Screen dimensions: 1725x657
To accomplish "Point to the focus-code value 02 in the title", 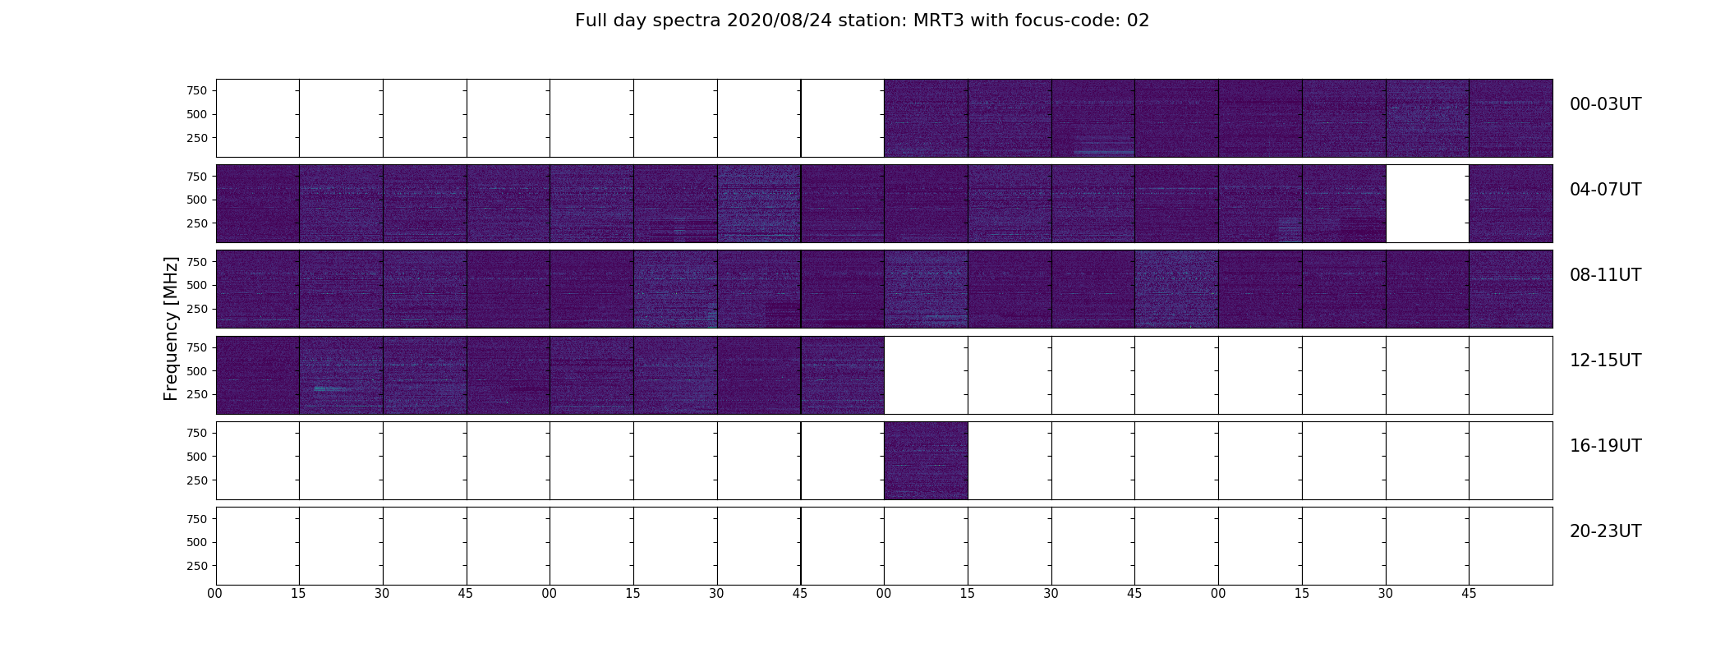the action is pos(1138,21).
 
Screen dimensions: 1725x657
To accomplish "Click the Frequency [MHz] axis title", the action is pos(171,328).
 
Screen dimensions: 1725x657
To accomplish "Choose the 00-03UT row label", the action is pos(1605,104).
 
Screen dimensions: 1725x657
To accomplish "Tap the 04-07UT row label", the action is pos(1605,190).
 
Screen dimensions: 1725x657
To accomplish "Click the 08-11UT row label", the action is pos(1605,275).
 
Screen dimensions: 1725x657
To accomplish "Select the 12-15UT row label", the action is pos(1605,361).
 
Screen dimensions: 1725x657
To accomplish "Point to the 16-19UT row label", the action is pos(1605,446).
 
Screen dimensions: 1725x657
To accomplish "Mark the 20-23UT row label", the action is pos(1605,531).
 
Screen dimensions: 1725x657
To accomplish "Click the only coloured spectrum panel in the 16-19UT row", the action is pos(926,461).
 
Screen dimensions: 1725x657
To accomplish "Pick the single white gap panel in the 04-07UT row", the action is pos(1428,204).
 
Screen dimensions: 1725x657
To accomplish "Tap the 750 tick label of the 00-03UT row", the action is pos(197,90).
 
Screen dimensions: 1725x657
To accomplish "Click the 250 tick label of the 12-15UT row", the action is pos(197,395).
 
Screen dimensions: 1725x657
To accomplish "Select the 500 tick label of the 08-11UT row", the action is pos(197,286).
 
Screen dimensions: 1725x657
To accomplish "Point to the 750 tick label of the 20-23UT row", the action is pos(197,519).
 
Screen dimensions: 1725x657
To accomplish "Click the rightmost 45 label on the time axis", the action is pos(1469,594).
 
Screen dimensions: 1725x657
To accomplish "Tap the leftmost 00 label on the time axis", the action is pos(215,594).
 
